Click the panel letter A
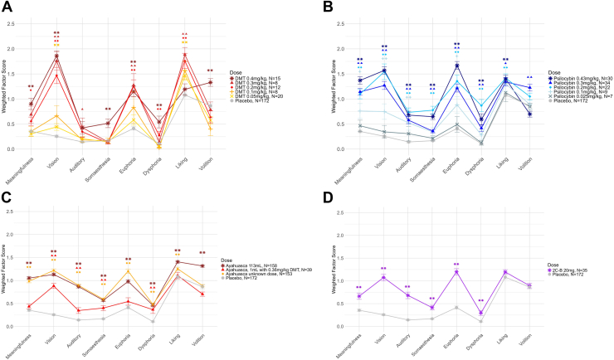6,7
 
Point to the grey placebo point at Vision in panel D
384,315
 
